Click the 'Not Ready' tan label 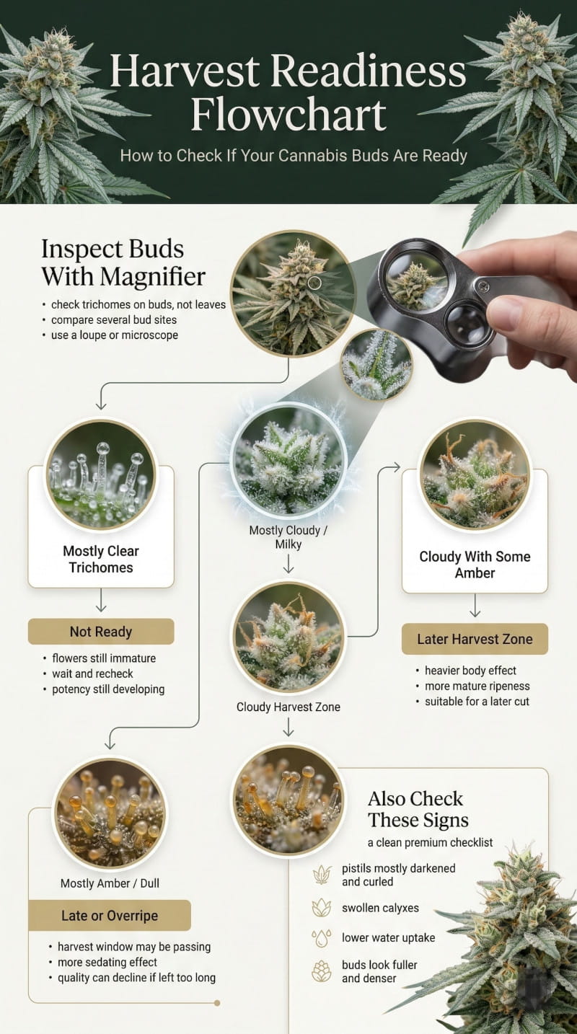pyautogui.click(x=101, y=632)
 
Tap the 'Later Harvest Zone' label pyautogui.click(x=475, y=639)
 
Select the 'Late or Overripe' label pyautogui.click(x=109, y=916)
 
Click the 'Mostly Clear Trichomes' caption pyautogui.click(x=101, y=559)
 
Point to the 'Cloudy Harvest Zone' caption pyautogui.click(x=288, y=707)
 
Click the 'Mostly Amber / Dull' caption pyautogui.click(x=109, y=883)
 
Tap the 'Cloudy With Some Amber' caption pyautogui.click(x=475, y=565)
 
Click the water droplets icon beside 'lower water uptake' pyautogui.click(x=321, y=938)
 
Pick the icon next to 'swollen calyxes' pyautogui.click(x=321, y=907)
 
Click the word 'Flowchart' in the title pyautogui.click(x=288, y=115)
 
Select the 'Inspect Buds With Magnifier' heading pyautogui.click(x=123, y=262)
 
